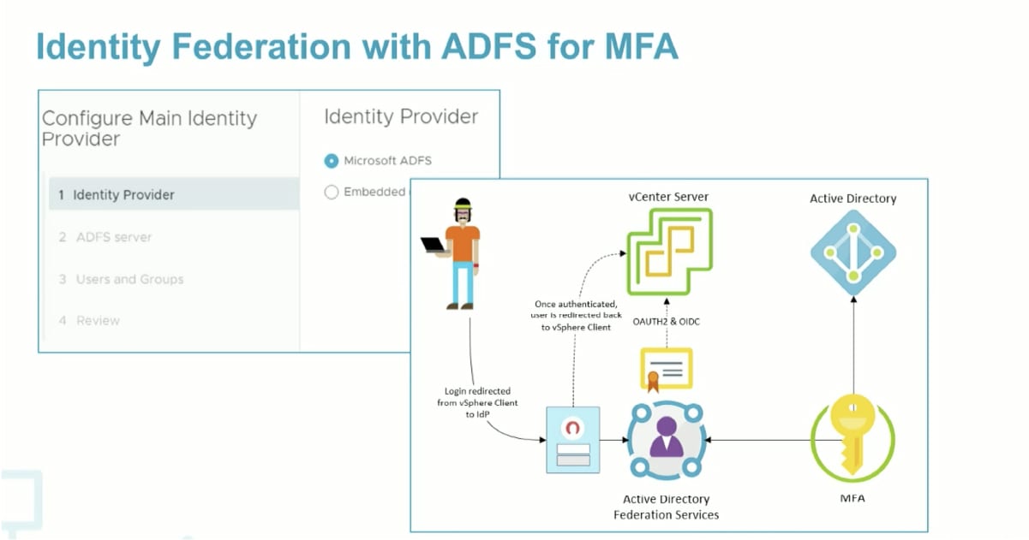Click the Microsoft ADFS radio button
(332, 161)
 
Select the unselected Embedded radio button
(332, 193)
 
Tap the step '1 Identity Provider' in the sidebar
(117, 195)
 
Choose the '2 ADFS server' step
(105, 237)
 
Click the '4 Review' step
(89, 320)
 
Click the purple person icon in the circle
(666, 439)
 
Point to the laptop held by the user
(434, 244)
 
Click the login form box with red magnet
(572, 438)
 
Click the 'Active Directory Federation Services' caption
(666, 507)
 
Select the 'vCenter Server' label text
(668, 197)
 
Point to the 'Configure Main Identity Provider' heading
(149, 128)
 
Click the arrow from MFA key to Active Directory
(853, 342)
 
